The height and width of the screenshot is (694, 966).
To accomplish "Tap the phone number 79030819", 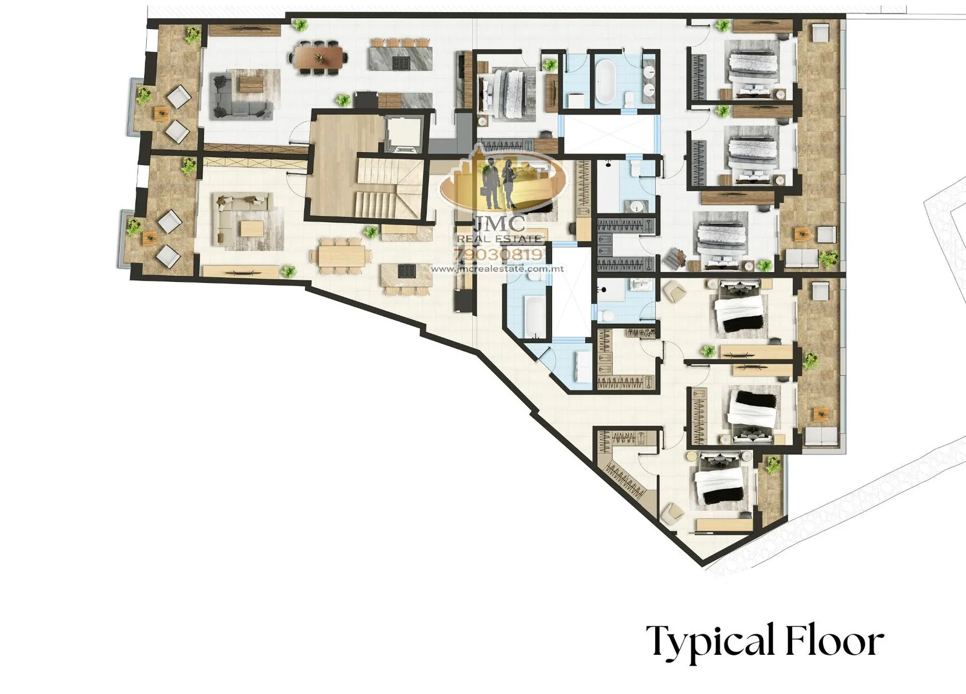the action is pyautogui.click(x=499, y=255).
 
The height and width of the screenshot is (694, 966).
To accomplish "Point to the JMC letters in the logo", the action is pyautogui.click(x=500, y=223).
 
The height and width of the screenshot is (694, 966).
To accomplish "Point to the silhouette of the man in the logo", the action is pyautogui.click(x=491, y=183).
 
